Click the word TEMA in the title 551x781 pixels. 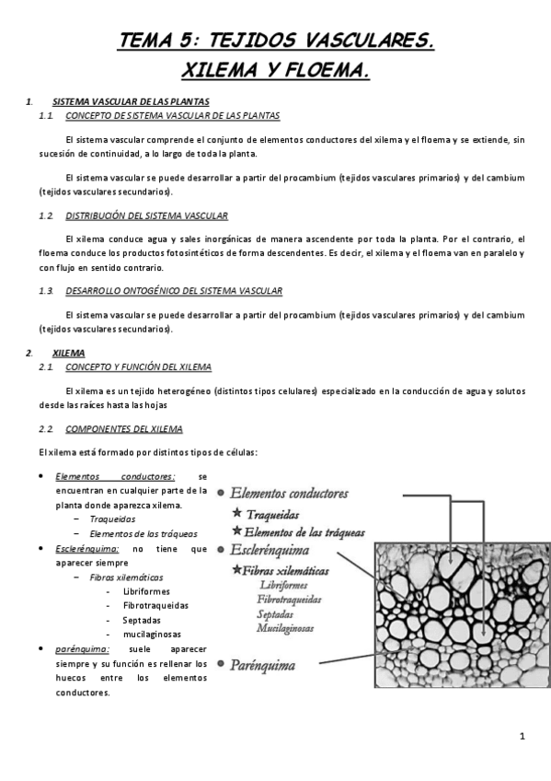point(148,40)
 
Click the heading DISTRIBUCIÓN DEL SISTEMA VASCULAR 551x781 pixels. point(146,216)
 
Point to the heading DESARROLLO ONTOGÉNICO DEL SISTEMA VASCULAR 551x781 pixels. point(174,291)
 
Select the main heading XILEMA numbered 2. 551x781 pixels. point(70,353)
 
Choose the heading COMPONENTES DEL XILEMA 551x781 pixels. point(124,429)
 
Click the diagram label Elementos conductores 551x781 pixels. point(289,494)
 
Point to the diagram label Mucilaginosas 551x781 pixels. point(285,628)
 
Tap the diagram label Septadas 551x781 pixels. point(276,612)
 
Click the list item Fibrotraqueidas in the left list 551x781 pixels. point(155,605)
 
